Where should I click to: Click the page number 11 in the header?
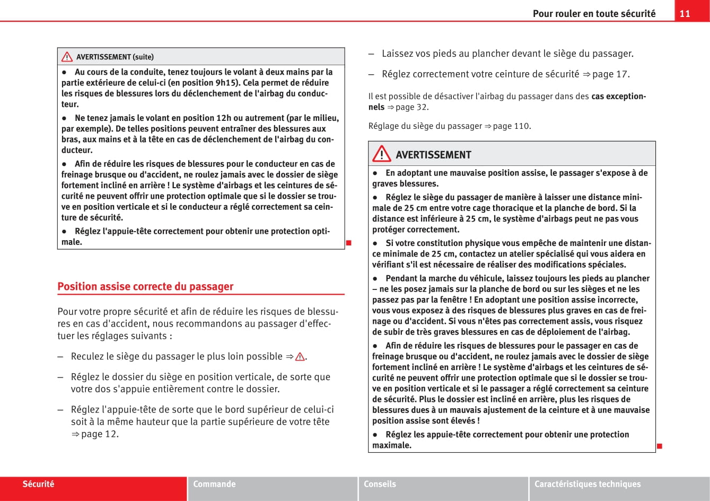685,14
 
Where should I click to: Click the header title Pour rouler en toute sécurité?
594,14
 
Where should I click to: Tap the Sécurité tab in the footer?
38,484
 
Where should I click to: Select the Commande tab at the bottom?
214,484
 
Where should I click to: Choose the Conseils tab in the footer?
380,484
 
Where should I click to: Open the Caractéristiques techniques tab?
588,484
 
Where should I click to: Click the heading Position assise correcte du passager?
145,287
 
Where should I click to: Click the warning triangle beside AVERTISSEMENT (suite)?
67,57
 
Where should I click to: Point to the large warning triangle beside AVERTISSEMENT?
381,154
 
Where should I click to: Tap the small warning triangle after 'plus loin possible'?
300,357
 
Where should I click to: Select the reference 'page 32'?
411,107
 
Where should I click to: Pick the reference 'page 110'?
511,126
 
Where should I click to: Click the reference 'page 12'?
99,434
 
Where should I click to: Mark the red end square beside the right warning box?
660,446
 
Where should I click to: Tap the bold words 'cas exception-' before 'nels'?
618,96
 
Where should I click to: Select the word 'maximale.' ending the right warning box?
392,445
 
